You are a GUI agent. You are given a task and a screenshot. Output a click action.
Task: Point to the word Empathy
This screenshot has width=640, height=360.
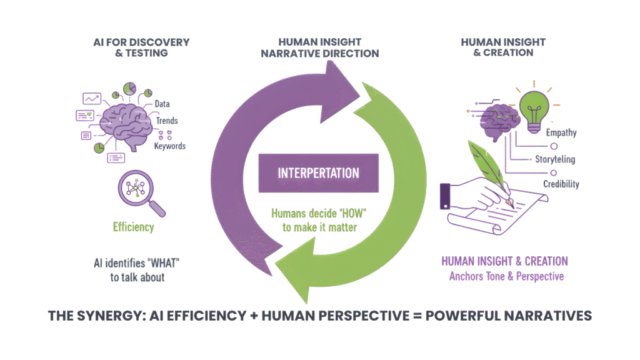(561, 133)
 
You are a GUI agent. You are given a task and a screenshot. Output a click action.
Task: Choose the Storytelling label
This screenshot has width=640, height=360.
(555, 159)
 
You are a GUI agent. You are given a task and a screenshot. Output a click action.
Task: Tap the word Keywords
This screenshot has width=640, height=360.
(170, 146)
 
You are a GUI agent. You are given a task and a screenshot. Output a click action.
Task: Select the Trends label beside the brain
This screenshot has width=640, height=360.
(167, 120)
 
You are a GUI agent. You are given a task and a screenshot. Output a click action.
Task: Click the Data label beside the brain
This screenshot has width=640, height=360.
(162, 104)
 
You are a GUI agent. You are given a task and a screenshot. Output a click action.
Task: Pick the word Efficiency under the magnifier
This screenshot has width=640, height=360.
(134, 227)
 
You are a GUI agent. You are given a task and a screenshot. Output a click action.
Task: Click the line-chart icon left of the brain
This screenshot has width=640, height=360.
(92, 99)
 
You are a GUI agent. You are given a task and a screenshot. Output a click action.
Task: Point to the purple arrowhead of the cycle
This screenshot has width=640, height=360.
(347, 84)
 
